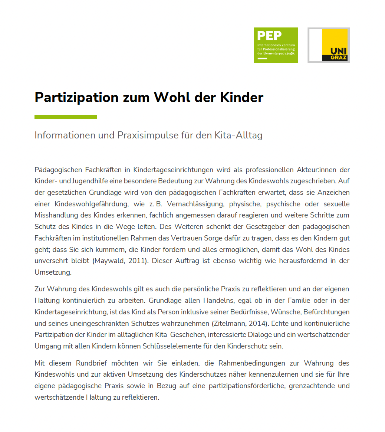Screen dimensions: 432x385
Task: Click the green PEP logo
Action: click(276, 45)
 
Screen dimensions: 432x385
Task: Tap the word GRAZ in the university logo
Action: click(338, 58)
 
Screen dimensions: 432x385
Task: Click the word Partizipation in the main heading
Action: click(76, 97)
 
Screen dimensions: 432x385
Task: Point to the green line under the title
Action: click(66, 117)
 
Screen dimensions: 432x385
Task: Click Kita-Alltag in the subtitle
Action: click(238, 135)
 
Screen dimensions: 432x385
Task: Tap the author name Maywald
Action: click(110, 261)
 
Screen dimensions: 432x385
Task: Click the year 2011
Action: click(136, 261)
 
